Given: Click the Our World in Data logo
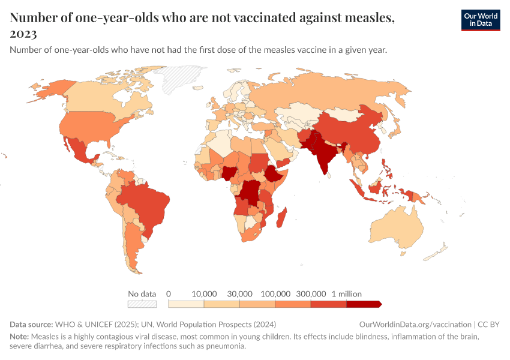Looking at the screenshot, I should (480, 20).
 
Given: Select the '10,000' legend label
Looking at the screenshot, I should (204, 294).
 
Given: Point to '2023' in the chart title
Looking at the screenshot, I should (23, 34).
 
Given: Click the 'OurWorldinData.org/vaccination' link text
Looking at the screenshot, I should (415, 325).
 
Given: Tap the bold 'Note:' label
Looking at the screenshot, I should (20, 336).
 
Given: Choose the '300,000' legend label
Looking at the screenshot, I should (311, 294).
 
